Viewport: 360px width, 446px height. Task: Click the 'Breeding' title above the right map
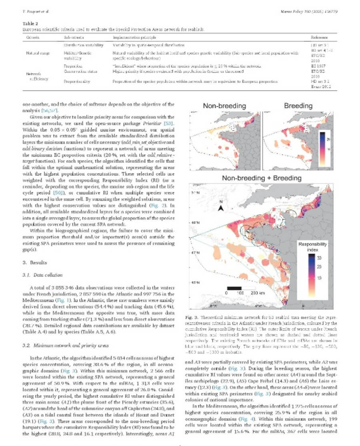(x=298, y=106)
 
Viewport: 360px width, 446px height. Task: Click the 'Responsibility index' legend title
(x=313, y=247)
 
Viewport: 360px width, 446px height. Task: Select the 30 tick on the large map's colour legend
(x=319, y=258)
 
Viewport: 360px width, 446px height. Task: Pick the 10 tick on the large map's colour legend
(x=319, y=277)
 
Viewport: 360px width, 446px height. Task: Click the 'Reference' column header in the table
(x=319, y=37)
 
